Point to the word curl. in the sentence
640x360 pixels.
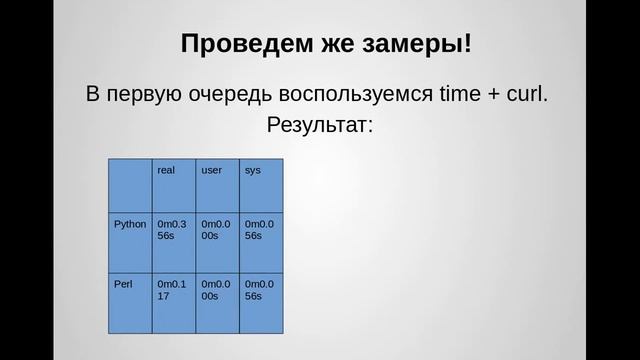click(x=528, y=96)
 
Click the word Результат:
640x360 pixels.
click(x=320, y=127)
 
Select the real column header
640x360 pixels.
click(x=166, y=171)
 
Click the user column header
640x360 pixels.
click(x=211, y=171)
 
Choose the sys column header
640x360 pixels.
click(x=253, y=171)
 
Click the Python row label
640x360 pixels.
click(x=130, y=224)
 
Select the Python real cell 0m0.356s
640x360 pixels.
click(x=172, y=230)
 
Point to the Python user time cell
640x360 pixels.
click(x=216, y=230)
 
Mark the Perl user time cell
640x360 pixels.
click(x=216, y=290)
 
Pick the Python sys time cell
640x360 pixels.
click(x=260, y=230)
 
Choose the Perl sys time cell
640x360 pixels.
click(x=260, y=290)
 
